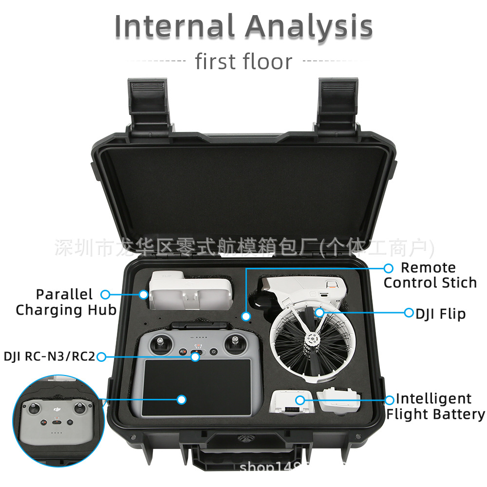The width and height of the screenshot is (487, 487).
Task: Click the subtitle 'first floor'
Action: (x=243, y=62)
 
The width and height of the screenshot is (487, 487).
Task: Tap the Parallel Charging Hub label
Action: (x=66, y=302)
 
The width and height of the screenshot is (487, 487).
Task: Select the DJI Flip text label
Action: (x=440, y=314)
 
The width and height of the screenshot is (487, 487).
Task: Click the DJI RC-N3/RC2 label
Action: (x=49, y=356)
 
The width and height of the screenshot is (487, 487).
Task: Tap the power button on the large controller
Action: (x=213, y=352)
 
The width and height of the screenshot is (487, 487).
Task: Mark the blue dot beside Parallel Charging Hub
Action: (x=105, y=294)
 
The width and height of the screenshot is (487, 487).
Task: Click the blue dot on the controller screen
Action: (x=182, y=400)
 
